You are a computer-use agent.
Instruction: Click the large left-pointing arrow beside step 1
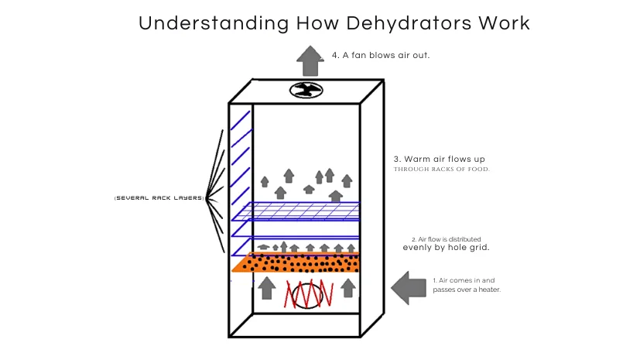(409, 286)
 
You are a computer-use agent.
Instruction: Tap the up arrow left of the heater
(266, 287)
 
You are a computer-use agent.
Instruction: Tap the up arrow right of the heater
(348, 287)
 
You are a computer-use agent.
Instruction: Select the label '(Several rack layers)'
(159, 198)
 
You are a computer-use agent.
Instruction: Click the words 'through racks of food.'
(442, 170)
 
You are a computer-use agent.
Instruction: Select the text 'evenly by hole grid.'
(446, 248)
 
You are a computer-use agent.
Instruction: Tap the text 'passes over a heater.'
(467, 290)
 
